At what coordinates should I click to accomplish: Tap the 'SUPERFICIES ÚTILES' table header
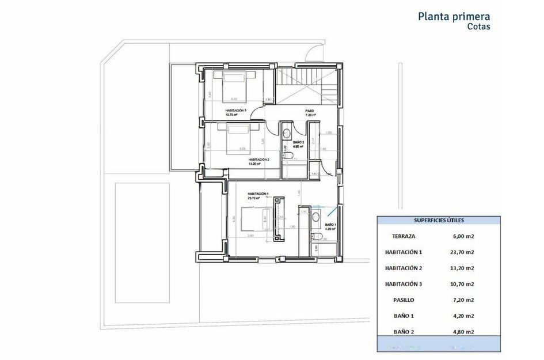(439, 220)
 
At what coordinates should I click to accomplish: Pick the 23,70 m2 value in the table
(463, 252)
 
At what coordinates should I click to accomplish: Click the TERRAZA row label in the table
(404, 236)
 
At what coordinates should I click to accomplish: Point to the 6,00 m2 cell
(463, 236)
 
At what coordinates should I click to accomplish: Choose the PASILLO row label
(404, 300)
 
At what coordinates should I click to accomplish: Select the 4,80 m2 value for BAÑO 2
(463, 332)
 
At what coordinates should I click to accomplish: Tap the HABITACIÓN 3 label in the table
(404, 284)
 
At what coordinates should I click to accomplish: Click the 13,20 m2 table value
(463, 268)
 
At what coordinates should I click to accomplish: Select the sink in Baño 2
(287, 134)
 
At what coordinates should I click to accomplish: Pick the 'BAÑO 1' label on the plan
(330, 225)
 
